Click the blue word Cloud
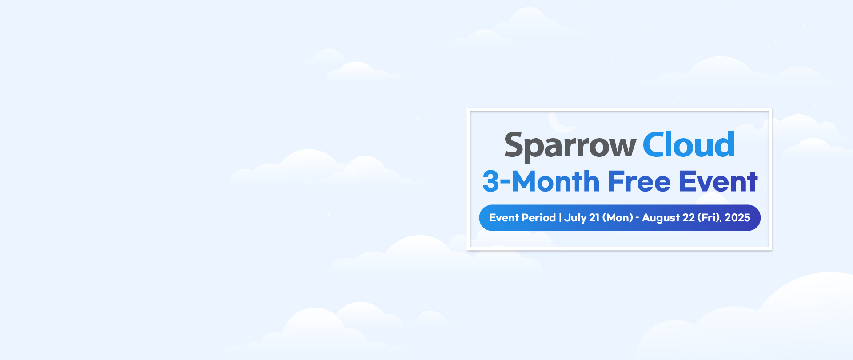coord(689,144)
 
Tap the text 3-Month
coord(541,181)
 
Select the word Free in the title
coord(639,181)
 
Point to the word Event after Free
coord(718,181)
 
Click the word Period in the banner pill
coord(539,218)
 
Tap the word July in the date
coord(575,218)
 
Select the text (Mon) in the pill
coord(618,218)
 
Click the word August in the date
coord(661,218)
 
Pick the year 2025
coord(737,218)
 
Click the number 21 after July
coord(594,218)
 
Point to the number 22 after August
coord(689,218)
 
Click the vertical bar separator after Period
coord(560,218)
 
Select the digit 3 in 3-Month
coord(491,181)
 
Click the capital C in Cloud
coord(655,144)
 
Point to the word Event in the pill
coord(504,218)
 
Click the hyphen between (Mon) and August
coord(638,219)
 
